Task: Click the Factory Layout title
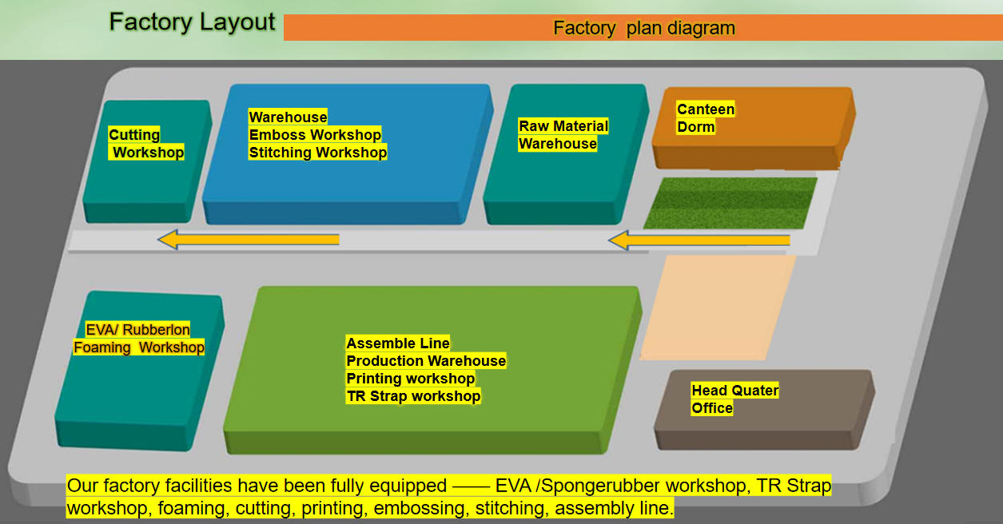click(x=192, y=22)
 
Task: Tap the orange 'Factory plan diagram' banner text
click(x=644, y=28)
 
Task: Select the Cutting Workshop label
click(x=146, y=144)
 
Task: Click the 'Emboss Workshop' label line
click(x=315, y=135)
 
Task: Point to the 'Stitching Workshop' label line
click(x=317, y=153)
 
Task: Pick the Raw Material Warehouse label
click(x=563, y=135)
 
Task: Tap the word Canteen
click(x=705, y=109)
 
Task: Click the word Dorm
click(x=695, y=127)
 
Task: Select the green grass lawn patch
click(x=730, y=203)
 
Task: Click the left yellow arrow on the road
click(x=249, y=240)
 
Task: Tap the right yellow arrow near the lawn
click(x=699, y=240)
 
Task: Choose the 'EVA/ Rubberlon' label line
click(x=137, y=330)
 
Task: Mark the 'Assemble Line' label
click(x=398, y=343)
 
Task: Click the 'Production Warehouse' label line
click(x=426, y=361)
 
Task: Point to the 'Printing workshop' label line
click(x=410, y=379)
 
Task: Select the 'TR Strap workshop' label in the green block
click(x=413, y=396)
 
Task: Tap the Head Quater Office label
click(x=734, y=399)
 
